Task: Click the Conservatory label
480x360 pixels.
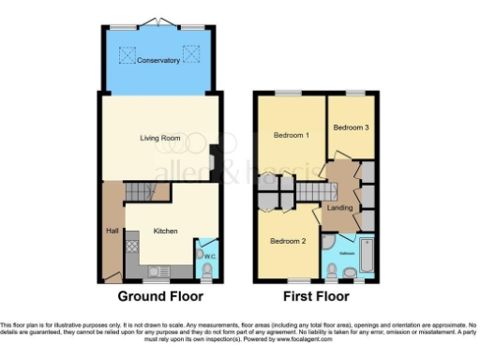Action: click(x=157, y=61)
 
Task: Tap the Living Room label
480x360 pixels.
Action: click(x=159, y=138)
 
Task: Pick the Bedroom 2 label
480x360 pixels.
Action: click(x=289, y=240)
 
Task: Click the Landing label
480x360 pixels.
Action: click(x=338, y=207)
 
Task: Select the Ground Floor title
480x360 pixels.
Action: click(x=157, y=296)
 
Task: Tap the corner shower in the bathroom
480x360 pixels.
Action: click(x=329, y=242)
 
